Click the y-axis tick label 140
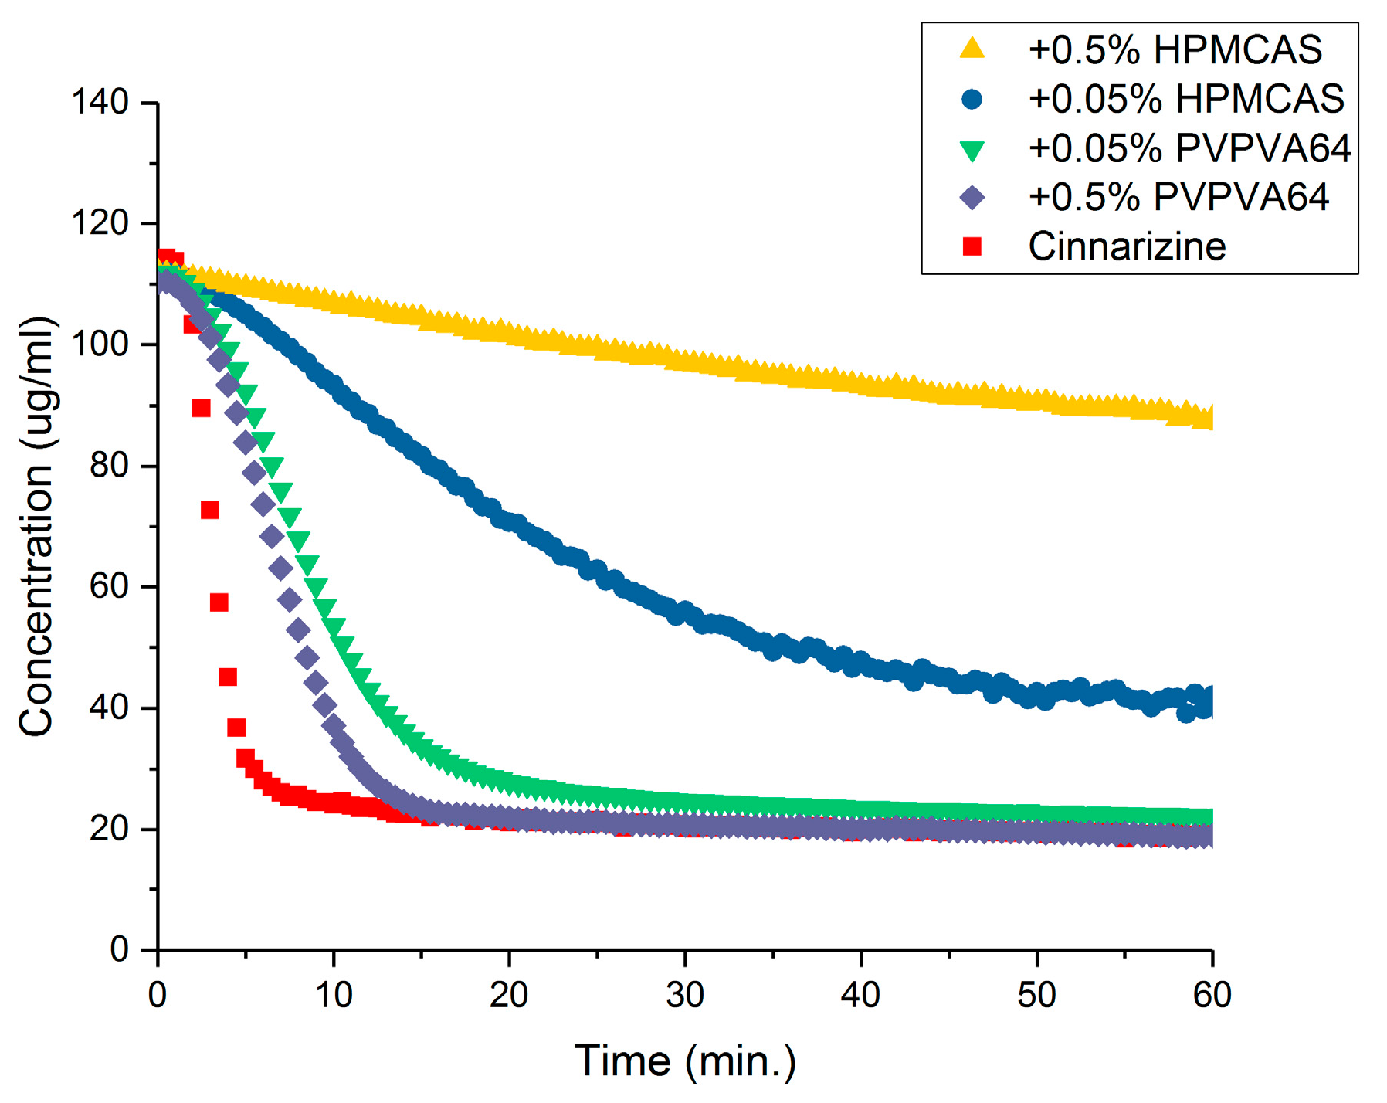pyautogui.click(x=100, y=102)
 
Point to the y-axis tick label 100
pyautogui.click(x=100, y=344)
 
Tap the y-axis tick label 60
pyautogui.click(x=108, y=586)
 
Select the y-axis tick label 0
pyautogui.click(x=119, y=949)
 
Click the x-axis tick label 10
pyautogui.click(x=333, y=996)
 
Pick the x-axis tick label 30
pyautogui.click(x=684, y=996)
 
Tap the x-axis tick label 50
pyautogui.click(x=1036, y=996)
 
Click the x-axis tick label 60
pyautogui.click(x=1211, y=996)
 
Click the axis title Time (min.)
pyautogui.click(x=685, y=1061)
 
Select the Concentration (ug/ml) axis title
pyautogui.click(x=36, y=525)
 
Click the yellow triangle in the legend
pyautogui.click(x=972, y=49)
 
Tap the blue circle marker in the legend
pyautogui.click(x=972, y=99)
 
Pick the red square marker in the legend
pyautogui.click(x=972, y=246)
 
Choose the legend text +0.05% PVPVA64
pyautogui.click(x=1189, y=148)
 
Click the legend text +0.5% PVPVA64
pyautogui.click(x=1178, y=198)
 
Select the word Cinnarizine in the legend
pyautogui.click(x=1127, y=246)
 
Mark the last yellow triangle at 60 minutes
pyautogui.click(x=1209, y=418)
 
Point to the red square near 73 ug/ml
pyautogui.click(x=210, y=510)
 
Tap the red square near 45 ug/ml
pyautogui.click(x=228, y=677)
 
